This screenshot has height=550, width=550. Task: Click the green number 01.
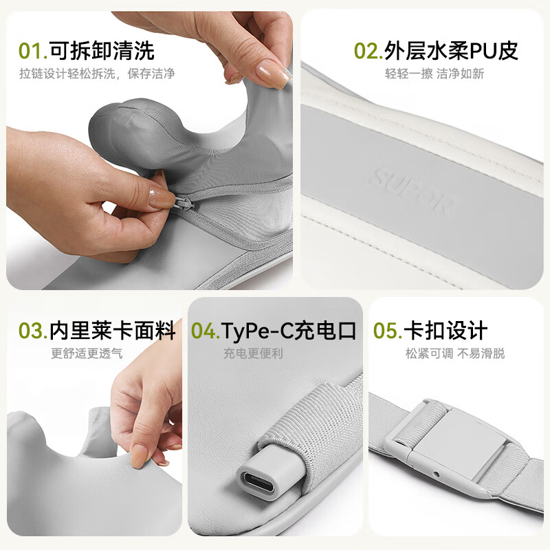(32, 50)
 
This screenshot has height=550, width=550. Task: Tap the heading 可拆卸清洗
(102, 50)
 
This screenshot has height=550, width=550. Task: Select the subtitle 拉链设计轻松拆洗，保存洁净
(96, 74)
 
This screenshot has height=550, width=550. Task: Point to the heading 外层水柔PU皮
(451, 50)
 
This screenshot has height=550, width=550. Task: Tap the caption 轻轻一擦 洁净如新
(434, 74)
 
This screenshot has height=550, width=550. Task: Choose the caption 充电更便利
(252, 353)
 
